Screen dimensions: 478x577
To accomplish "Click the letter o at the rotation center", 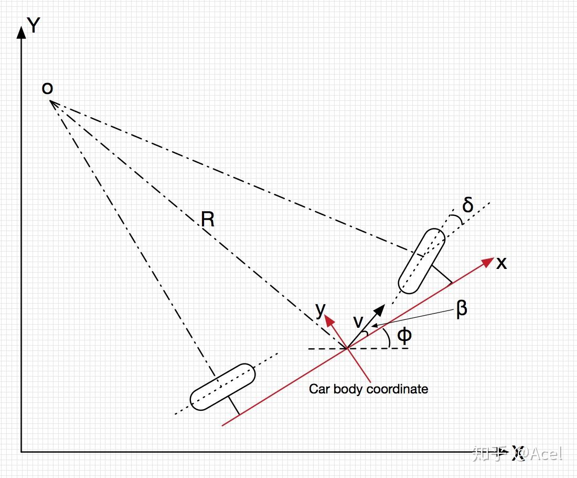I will (47, 88).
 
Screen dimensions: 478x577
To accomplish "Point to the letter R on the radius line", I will (208, 219).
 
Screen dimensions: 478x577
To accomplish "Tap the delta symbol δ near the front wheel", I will (467, 205).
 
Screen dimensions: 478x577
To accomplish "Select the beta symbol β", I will (462, 309).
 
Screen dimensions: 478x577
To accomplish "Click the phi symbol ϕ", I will (404, 335).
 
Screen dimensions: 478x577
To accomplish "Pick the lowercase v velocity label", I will (358, 321).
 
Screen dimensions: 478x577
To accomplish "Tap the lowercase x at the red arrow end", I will (501, 263).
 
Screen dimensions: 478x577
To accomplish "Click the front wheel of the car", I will (422, 260).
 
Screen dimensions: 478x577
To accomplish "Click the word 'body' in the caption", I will (348, 389).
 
